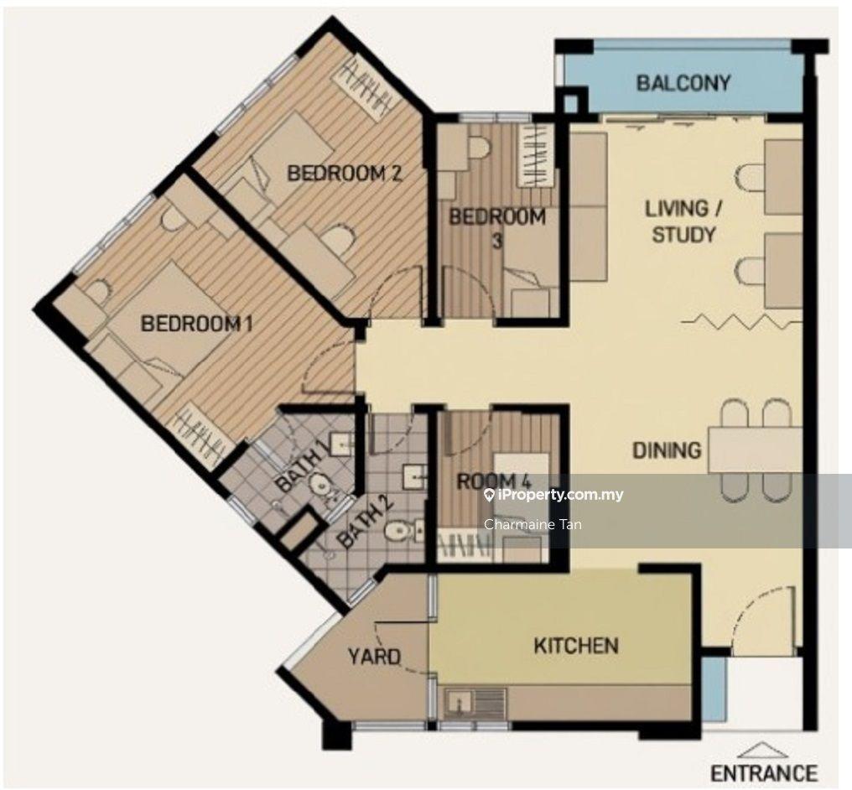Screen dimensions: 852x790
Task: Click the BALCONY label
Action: click(x=683, y=83)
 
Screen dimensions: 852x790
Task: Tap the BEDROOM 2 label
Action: click(x=345, y=174)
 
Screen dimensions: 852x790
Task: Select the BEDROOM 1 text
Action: click(x=197, y=324)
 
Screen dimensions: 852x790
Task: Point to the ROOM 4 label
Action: click(x=493, y=481)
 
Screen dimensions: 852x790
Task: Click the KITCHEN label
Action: click(x=576, y=646)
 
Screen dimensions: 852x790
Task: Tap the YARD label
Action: click(x=374, y=657)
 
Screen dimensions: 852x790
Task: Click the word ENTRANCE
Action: click(x=765, y=772)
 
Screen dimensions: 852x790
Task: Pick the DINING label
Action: click(x=667, y=450)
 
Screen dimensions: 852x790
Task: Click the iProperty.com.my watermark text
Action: click(x=553, y=495)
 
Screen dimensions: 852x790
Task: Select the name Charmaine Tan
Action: click(x=532, y=524)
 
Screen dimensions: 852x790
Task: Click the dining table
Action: click(x=755, y=450)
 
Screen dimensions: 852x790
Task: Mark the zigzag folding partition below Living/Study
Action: click(x=741, y=321)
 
